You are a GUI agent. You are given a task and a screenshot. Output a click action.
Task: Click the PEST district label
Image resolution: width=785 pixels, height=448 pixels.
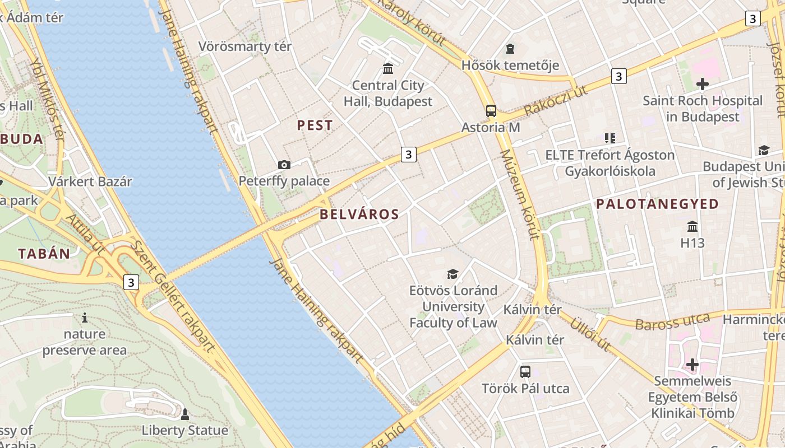click(x=315, y=125)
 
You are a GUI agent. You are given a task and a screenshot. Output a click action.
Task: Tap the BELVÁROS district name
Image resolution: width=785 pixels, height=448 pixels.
click(x=359, y=214)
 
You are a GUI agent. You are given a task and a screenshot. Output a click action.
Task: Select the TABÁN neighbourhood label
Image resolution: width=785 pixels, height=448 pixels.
click(x=44, y=254)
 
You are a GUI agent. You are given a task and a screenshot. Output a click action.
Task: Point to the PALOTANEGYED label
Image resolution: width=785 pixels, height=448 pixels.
click(x=657, y=204)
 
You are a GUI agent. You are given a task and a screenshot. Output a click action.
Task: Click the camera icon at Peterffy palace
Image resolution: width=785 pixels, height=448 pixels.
click(x=284, y=165)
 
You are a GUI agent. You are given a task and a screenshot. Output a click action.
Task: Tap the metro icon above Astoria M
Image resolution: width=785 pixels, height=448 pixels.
click(x=491, y=111)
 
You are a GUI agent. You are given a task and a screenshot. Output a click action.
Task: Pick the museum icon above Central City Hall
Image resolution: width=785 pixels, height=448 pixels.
click(x=387, y=69)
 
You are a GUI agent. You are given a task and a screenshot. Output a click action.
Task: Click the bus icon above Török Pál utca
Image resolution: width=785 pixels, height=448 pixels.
click(x=525, y=371)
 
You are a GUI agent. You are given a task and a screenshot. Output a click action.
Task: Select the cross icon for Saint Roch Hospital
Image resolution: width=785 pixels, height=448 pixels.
click(x=702, y=85)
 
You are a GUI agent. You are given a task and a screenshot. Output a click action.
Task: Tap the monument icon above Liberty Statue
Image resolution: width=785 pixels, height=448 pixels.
click(x=184, y=414)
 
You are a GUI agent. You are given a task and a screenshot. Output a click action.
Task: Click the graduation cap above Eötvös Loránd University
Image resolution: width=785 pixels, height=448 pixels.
click(x=452, y=274)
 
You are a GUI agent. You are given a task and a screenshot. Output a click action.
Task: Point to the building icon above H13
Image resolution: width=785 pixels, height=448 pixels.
click(x=692, y=227)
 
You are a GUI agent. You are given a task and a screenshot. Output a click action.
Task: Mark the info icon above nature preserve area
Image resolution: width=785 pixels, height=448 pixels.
click(x=85, y=318)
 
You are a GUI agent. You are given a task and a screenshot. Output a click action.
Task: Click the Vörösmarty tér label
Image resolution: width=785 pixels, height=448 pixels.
click(x=245, y=46)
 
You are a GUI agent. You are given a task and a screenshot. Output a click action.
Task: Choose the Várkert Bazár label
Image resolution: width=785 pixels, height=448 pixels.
click(x=90, y=181)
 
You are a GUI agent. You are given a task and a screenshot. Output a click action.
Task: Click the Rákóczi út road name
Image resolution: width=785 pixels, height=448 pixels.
click(x=556, y=101)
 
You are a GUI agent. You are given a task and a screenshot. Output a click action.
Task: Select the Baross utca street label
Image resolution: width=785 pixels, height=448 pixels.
click(x=672, y=321)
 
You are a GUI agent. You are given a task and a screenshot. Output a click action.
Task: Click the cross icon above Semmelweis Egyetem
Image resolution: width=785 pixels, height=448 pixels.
click(x=692, y=365)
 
